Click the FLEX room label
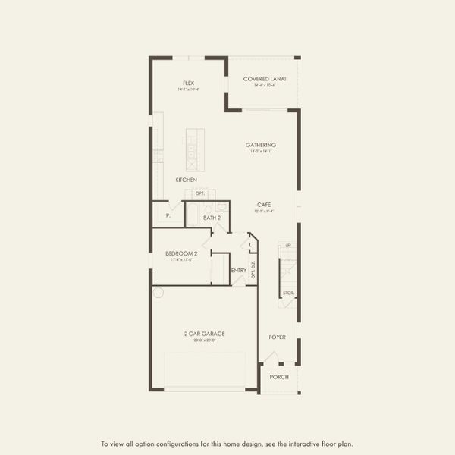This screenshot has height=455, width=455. point(188,83)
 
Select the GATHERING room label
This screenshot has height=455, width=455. point(261,145)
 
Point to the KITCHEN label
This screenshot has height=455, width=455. point(187,180)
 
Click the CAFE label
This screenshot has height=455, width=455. point(264,205)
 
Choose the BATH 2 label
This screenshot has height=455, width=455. point(212,218)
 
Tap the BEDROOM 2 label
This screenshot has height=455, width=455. point(181,253)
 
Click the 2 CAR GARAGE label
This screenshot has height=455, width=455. point(204,334)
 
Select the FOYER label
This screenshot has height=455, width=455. point(278,337)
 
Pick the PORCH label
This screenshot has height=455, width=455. point(279,377)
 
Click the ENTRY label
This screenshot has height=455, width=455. point(239,270)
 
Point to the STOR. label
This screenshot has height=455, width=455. point(288,293)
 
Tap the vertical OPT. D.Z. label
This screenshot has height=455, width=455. point(253,269)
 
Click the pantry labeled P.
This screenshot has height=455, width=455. point(168,216)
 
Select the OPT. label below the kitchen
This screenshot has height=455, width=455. point(200,193)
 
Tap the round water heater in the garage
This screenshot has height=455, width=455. point(159,292)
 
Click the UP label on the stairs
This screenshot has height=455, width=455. point(288,245)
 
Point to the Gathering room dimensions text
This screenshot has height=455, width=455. point(261,152)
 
